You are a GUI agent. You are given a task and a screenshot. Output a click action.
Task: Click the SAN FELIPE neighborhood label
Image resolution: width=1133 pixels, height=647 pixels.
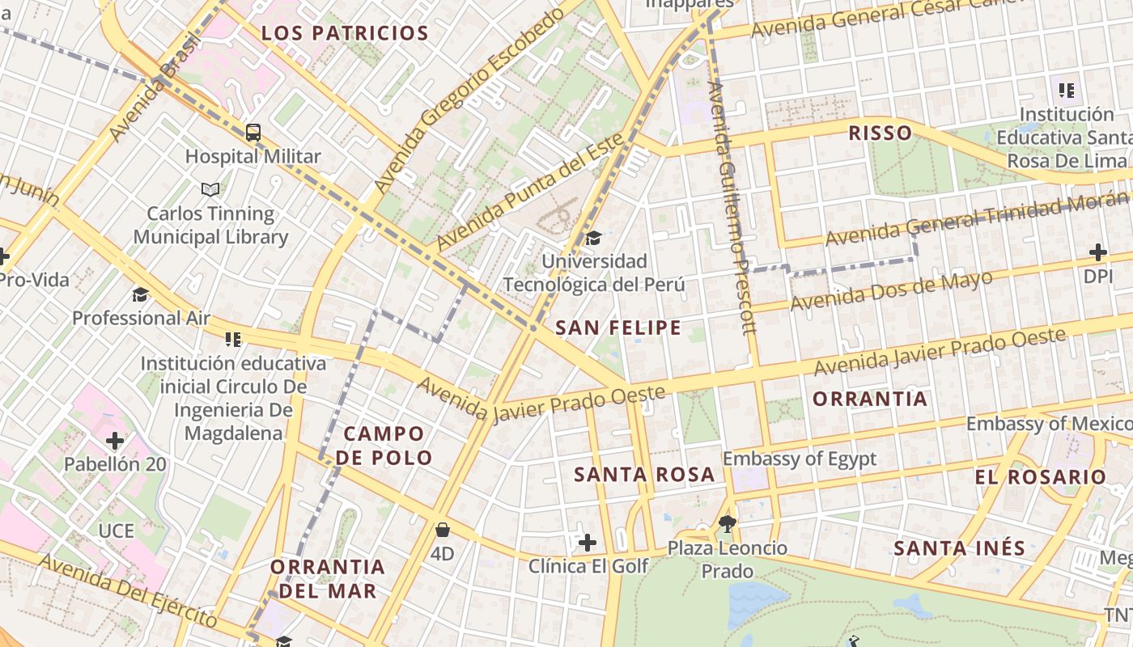tap(618, 328)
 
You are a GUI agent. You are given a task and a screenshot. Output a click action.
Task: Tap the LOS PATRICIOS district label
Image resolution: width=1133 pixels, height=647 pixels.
tap(345, 33)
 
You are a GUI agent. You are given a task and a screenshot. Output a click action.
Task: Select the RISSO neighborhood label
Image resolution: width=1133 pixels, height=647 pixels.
tap(880, 133)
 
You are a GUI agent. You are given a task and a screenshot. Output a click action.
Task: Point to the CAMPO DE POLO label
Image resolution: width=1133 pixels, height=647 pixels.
tap(384, 446)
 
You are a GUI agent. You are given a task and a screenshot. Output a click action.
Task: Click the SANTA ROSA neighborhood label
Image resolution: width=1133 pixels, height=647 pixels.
tap(644, 475)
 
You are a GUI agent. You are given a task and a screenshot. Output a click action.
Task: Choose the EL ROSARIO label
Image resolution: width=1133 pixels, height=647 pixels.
tap(1040, 477)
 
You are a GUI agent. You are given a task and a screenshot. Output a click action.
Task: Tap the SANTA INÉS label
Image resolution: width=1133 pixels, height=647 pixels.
tap(959, 548)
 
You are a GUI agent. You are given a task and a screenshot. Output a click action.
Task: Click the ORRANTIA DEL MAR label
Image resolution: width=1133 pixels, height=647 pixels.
tap(328, 578)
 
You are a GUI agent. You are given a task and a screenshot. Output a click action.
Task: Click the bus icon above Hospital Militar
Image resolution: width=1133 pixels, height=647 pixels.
tap(253, 132)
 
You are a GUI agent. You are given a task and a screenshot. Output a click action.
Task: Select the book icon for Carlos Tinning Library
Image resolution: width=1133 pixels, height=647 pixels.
tap(210, 189)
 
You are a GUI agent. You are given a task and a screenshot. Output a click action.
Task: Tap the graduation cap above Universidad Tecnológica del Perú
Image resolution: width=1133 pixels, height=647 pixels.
tap(594, 238)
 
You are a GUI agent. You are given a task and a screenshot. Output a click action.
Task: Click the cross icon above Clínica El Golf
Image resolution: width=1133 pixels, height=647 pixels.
tap(588, 542)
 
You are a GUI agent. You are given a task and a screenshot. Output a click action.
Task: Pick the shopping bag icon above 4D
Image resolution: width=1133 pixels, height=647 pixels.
tap(442, 530)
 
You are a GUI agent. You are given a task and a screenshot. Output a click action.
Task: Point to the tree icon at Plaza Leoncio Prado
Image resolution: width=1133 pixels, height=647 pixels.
tap(727, 524)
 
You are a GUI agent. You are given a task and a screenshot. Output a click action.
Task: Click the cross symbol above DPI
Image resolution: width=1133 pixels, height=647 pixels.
tap(1098, 252)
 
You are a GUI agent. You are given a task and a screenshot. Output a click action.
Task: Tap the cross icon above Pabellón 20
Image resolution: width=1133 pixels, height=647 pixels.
tap(115, 441)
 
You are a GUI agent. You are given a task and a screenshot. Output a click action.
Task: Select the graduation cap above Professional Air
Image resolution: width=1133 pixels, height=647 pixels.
tap(141, 294)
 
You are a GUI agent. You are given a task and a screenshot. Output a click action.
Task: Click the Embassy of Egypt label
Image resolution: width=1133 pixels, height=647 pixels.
tap(799, 459)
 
